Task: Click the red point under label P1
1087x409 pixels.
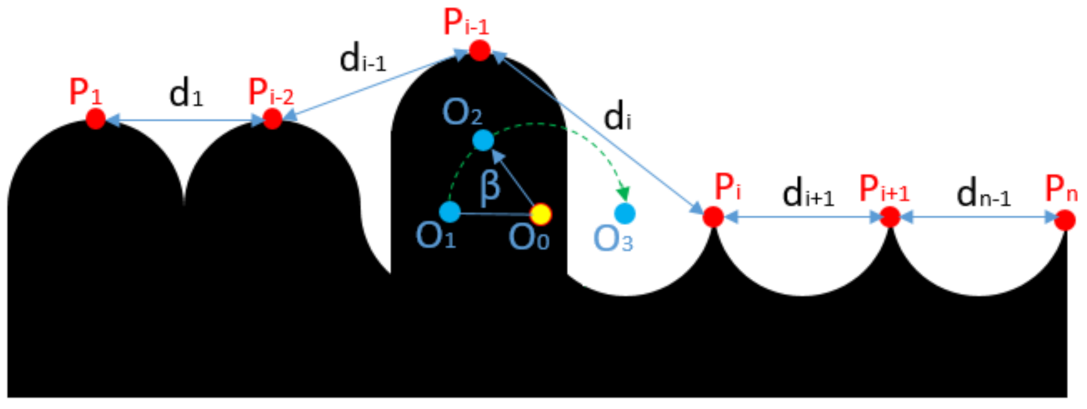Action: [96, 119]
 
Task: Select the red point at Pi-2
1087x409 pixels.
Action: [272, 119]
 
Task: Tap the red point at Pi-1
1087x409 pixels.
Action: [480, 51]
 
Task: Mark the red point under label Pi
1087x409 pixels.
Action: [713, 217]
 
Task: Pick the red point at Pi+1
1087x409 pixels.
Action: [890, 217]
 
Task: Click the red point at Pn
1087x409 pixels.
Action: [1065, 220]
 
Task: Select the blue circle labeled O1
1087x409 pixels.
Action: [450, 212]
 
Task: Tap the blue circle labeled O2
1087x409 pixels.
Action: [483, 140]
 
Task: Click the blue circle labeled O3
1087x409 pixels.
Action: [625, 213]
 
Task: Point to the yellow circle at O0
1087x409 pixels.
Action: [540, 215]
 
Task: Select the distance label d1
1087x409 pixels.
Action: [186, 94]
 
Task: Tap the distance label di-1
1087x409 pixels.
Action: [362, 60]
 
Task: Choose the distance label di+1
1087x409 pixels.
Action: [807, 194]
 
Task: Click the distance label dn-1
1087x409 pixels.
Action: [983, 194]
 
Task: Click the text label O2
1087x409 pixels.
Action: [462, 113]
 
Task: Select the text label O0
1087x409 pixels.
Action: [529, 238]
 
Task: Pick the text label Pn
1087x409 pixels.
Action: [1061, 189]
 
